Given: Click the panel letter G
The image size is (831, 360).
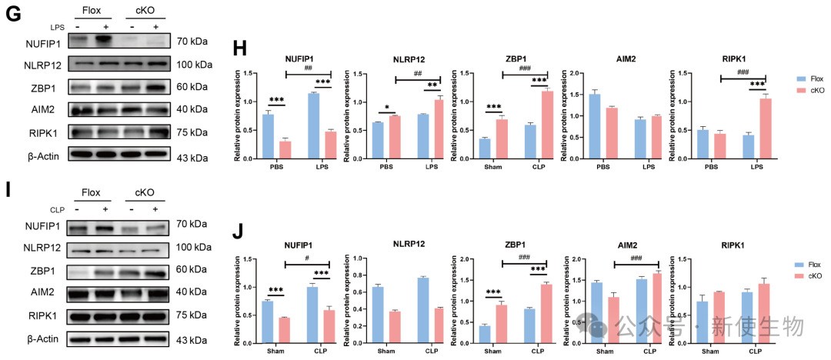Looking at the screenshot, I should click(12, 13).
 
